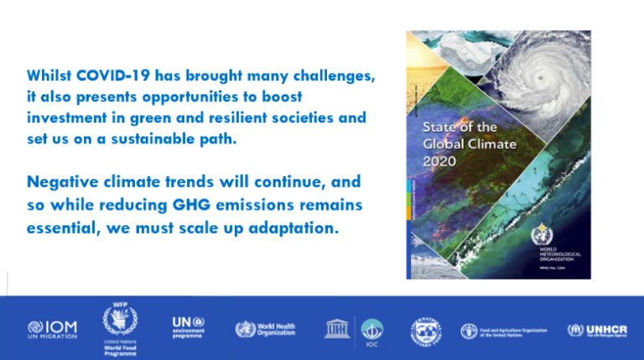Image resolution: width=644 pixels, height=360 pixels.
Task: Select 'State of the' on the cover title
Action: (460, 128)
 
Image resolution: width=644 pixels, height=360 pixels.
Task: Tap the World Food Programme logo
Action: (119, 327)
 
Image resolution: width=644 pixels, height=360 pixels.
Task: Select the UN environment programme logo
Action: (188, 327)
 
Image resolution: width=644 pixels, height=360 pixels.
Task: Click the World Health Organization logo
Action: (265, 329)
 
